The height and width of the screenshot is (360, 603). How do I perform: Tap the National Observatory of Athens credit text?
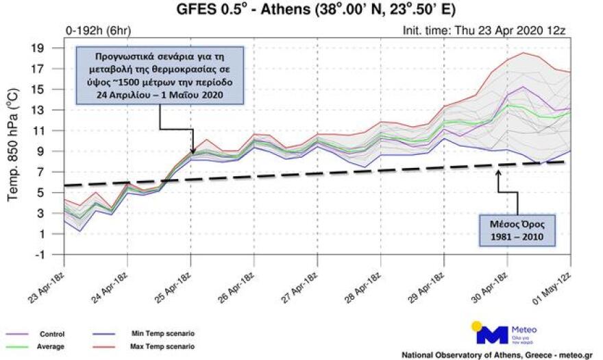(x=496, y=355)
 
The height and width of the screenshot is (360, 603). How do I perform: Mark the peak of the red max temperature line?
(x=524, y=53)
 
